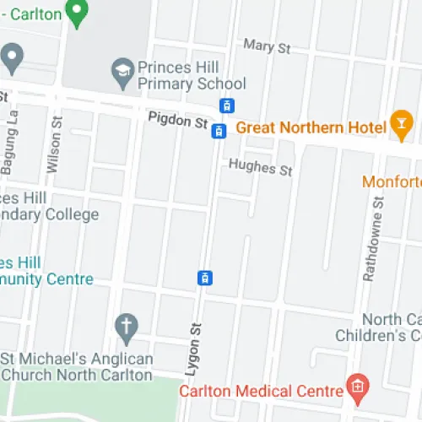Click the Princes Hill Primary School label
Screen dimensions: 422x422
click(x=192, y=75)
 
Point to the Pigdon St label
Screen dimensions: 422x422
click(x=177, y=122)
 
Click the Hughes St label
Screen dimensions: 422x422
click(x=261, y=167)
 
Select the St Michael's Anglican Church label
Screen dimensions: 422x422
click(x=80, y=368)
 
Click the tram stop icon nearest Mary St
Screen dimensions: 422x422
click(x=226, y=106)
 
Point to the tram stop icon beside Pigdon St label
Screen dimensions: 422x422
click(x=219, y=130)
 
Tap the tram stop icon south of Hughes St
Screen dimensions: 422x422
click(x=204, y=278)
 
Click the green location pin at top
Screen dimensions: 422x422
click(x=78, y=14)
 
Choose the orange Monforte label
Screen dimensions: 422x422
click(x=392, y=181)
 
